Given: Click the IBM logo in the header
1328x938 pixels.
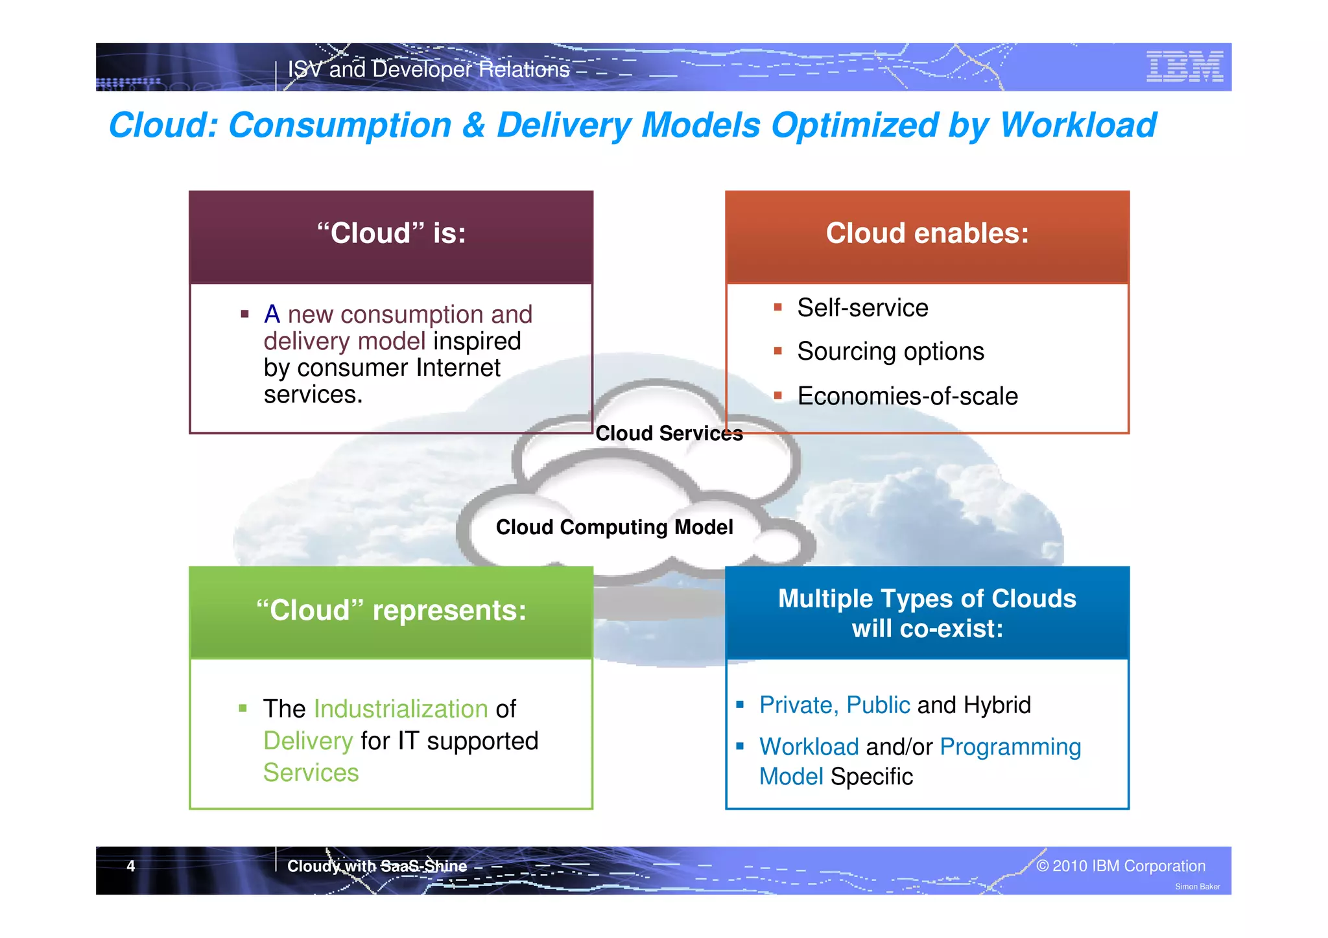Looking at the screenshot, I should (x=1184, y=67).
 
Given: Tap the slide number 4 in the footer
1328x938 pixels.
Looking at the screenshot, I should (x=131, y=866).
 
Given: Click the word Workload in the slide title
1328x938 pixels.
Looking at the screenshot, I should (x=1078, y=125).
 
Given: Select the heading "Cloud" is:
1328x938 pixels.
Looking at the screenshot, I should (x=391, y=233).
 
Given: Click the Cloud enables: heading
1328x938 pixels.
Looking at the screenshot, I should (x=927, y=233).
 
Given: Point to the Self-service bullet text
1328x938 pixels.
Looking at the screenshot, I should (x=862, y=308).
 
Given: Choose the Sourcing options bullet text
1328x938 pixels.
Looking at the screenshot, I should (x=890, y=351).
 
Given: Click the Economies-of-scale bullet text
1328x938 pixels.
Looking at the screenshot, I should (x=907, y=396).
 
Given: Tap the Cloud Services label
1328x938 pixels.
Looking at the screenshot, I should (x=669, y=433).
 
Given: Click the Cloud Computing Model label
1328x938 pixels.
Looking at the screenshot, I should (x=614, y=527).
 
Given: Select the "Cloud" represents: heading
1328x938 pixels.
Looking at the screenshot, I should (x=391, y=610).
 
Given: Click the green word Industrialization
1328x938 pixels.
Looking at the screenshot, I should (x=401, y=709).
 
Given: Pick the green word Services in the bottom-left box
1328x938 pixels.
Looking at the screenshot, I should (x=311, y=773).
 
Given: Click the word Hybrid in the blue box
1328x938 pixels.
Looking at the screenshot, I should (x=997, y=705).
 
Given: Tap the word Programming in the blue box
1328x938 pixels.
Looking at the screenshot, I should (x=1010, y=747).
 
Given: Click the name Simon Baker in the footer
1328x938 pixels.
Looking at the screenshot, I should (x=1197, y=887).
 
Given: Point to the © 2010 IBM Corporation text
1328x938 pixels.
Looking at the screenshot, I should (x=1120, y=866).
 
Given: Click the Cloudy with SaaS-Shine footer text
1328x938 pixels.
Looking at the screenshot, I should (x=377, y=866).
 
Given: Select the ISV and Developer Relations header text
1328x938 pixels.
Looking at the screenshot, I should (x=429, y=69).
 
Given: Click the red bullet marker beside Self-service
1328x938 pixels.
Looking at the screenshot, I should (x=777, y=307).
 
